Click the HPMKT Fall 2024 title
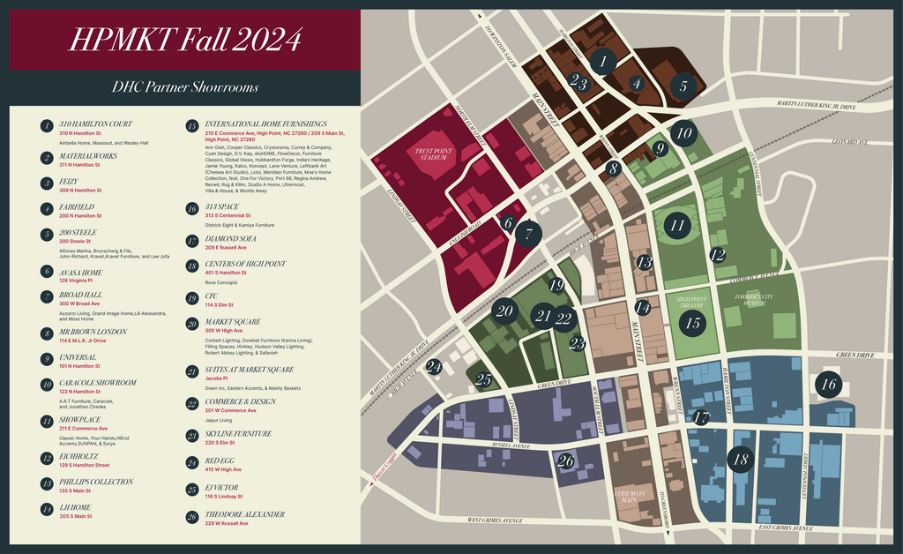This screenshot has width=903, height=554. point(184,40)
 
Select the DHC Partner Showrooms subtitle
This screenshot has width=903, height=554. point(184,87)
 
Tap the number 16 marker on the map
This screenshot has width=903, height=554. point(828,384)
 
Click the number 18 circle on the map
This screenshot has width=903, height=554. point(741,459)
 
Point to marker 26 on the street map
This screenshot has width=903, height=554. point(566,460)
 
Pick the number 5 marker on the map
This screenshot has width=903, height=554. point(683,86)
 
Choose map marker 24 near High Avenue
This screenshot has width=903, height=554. point(434,366)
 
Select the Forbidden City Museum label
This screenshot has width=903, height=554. point(758,300)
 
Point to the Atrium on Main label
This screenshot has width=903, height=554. point(630,497)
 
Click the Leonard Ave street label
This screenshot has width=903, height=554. point(850,142)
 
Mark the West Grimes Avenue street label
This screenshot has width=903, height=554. point(501,520)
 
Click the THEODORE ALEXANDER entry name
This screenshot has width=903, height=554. point(244,514)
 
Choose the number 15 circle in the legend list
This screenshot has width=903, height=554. point(191,126)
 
